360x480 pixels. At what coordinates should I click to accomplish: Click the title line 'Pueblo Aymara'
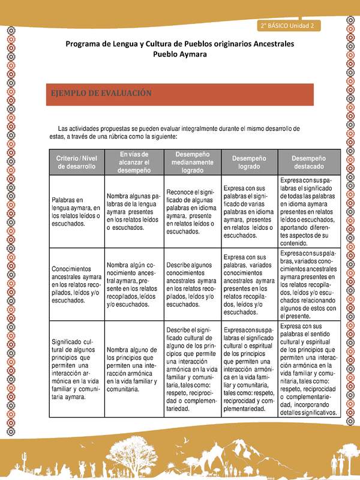(180, 54)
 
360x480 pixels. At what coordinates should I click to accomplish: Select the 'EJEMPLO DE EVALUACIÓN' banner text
(101, 94)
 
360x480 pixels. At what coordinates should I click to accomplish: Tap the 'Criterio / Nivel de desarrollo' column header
(77, 162)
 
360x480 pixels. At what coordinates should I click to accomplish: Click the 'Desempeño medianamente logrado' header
(192, 162)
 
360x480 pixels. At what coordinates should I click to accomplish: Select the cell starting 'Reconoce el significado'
(192, 211)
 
